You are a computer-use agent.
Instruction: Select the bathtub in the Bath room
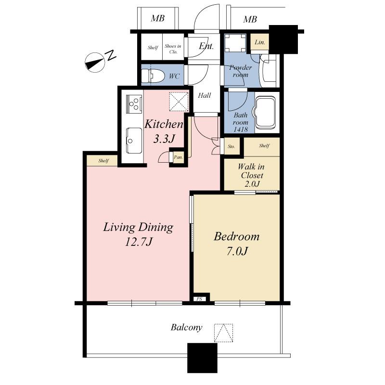point(266,114)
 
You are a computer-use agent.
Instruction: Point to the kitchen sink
point(131,138)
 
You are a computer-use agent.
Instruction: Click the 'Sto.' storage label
point(231,146)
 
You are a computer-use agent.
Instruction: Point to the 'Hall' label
point(205,95)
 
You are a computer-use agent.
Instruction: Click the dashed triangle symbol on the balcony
point(223,333)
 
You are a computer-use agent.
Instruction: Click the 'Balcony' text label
point(186,328)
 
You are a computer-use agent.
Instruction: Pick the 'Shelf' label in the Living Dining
point(103,161)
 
